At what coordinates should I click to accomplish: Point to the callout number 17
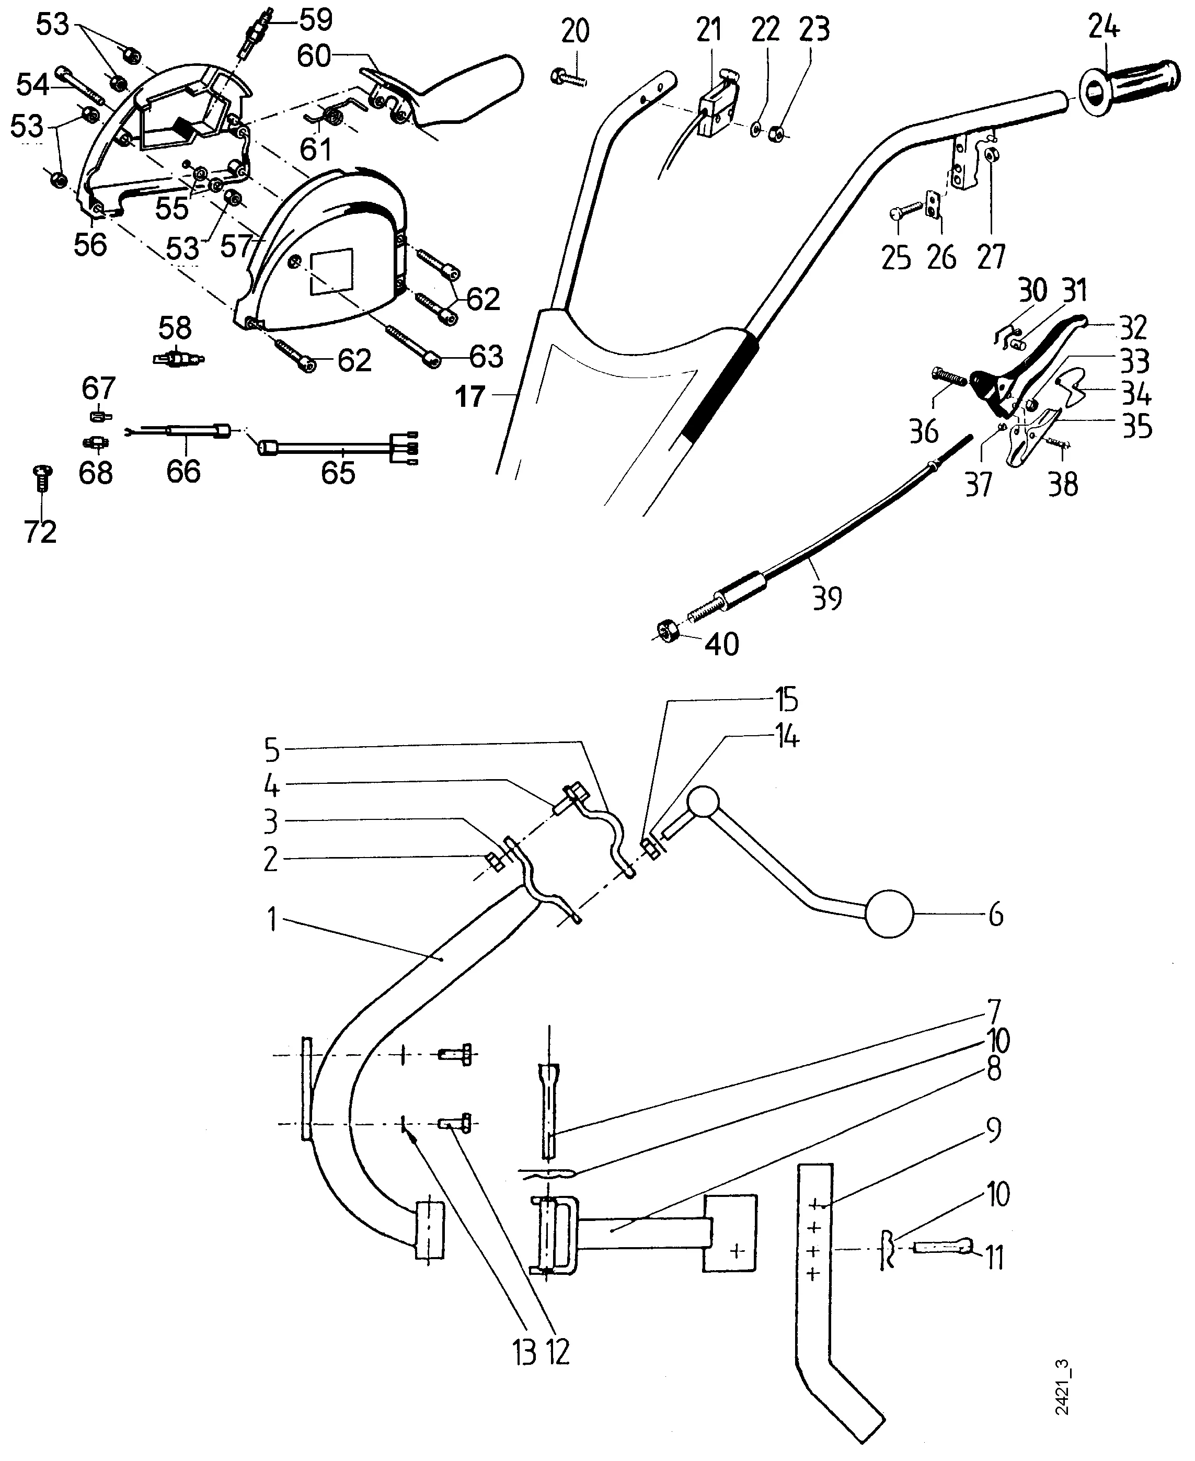pyautogui.click(x=470, y=397)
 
